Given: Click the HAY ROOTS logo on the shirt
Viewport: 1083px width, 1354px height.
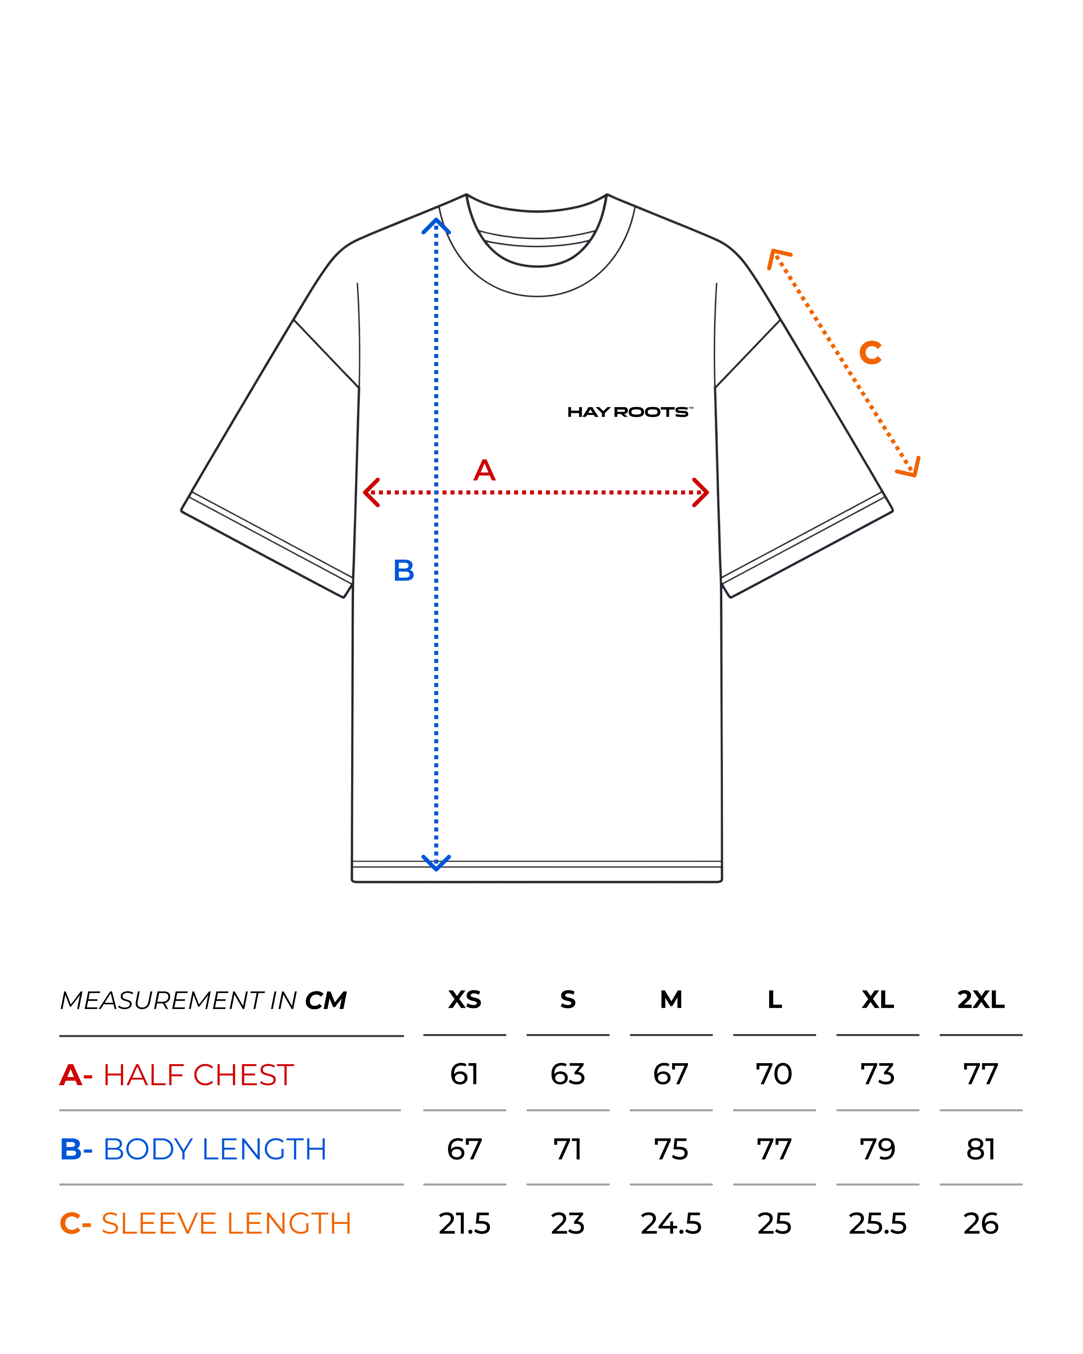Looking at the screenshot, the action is [630, 412].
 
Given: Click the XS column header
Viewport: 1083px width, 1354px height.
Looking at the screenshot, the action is [465, 999].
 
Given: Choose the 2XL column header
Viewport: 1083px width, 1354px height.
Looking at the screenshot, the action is [981, 999].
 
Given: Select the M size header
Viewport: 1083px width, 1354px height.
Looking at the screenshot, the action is [671, 999].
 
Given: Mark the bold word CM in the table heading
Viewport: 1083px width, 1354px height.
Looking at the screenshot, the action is [326, 1001].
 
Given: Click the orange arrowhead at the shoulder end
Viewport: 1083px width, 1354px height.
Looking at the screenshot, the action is [778, 258].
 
